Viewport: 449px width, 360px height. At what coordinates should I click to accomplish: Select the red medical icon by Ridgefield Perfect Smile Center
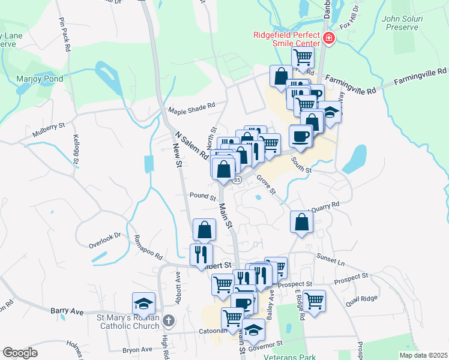328,39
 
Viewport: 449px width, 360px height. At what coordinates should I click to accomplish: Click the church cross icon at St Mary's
169,320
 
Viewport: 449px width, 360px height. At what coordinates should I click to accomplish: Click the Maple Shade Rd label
191,109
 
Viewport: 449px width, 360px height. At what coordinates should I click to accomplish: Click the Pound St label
202,196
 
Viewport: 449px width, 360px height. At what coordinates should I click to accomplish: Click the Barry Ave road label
67,311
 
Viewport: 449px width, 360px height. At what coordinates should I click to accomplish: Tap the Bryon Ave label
137,349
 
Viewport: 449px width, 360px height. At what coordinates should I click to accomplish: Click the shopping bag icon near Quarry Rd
301,221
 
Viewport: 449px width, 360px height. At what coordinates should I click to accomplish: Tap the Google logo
20,353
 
